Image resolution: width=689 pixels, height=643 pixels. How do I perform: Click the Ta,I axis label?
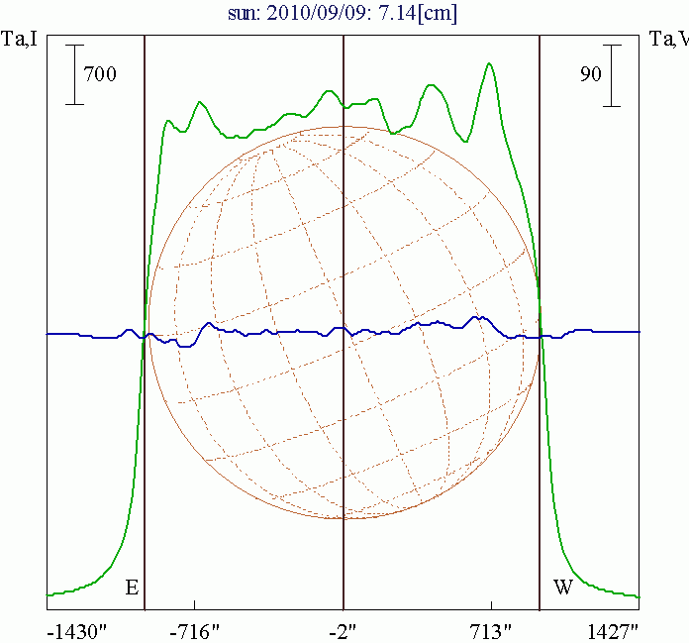pyautogui.click(x=21, y=39)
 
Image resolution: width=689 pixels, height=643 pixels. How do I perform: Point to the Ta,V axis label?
pyautogui.click(x=668, y=39)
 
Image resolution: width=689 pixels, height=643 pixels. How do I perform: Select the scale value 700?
pyautogui.click(x=100, y=74)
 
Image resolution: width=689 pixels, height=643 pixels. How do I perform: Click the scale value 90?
pyautogui.click(x=590, y=74)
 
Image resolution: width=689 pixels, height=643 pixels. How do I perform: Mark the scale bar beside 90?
pyautogui.click(x=614, y=74)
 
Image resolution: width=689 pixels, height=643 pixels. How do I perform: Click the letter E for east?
pyautogui.click(x=131, y=589)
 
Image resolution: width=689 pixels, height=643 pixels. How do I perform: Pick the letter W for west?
pyautogui.click(x=563, y=589)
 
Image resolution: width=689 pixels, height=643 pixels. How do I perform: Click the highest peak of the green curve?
pyautogui.click(x=489, y=64)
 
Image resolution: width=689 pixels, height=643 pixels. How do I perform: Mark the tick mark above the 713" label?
pyautogui.click(x=491, y=603)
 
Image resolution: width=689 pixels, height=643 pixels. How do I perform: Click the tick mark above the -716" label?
pyautogui.click(x=195, y=603)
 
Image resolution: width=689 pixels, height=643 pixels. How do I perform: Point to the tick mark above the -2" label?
pyautogui.click(x=343, y=603)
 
